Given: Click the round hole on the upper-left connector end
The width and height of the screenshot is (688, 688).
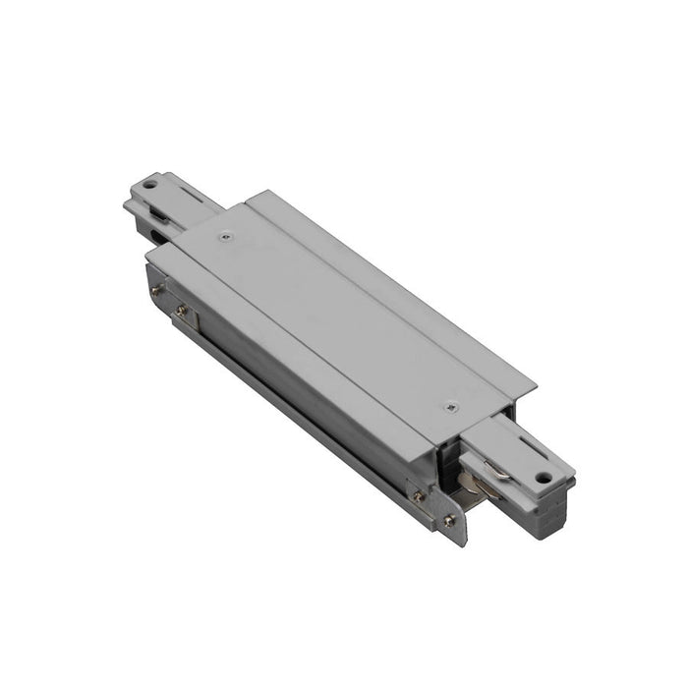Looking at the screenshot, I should click(x=148, y=184).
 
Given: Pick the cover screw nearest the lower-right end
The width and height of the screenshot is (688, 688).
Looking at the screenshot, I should click(x=451, y=407).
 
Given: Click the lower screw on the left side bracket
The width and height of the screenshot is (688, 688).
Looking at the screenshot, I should click(x=180, y=311).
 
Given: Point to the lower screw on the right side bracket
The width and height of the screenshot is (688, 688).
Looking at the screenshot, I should click(x=449, y=520).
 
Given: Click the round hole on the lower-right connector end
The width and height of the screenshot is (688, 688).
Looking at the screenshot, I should click(x=542, y=479).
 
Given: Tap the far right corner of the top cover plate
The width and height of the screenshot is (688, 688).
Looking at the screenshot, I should click(x=536, y=386).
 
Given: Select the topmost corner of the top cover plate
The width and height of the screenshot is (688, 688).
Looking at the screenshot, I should click(x=249, y=193).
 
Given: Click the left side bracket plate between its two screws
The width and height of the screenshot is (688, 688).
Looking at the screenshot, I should click(x=167, y=301).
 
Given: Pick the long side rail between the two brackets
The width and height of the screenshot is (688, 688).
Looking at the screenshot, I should click(x=295, y=393).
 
